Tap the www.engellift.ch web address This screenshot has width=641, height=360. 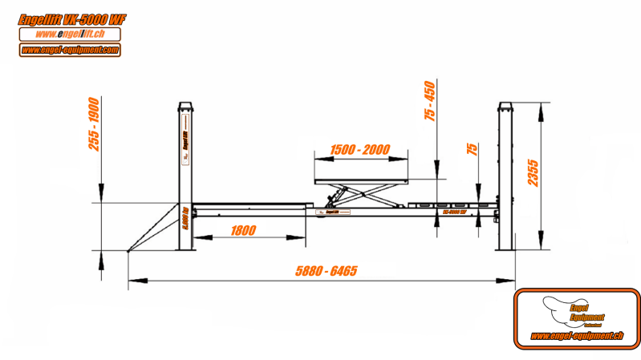[70, 34]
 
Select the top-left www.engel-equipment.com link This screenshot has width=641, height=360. [70, 50]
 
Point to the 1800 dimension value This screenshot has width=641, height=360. [243, 231]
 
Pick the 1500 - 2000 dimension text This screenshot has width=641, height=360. [360, 150]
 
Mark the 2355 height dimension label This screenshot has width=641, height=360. [533, 170]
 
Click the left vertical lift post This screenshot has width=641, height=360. [185, 176]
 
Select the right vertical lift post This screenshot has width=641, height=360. [505, 176]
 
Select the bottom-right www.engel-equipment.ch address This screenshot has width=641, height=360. [577, 336]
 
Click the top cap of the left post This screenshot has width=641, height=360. [185, 107]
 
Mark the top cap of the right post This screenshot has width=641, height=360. [505, 107]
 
